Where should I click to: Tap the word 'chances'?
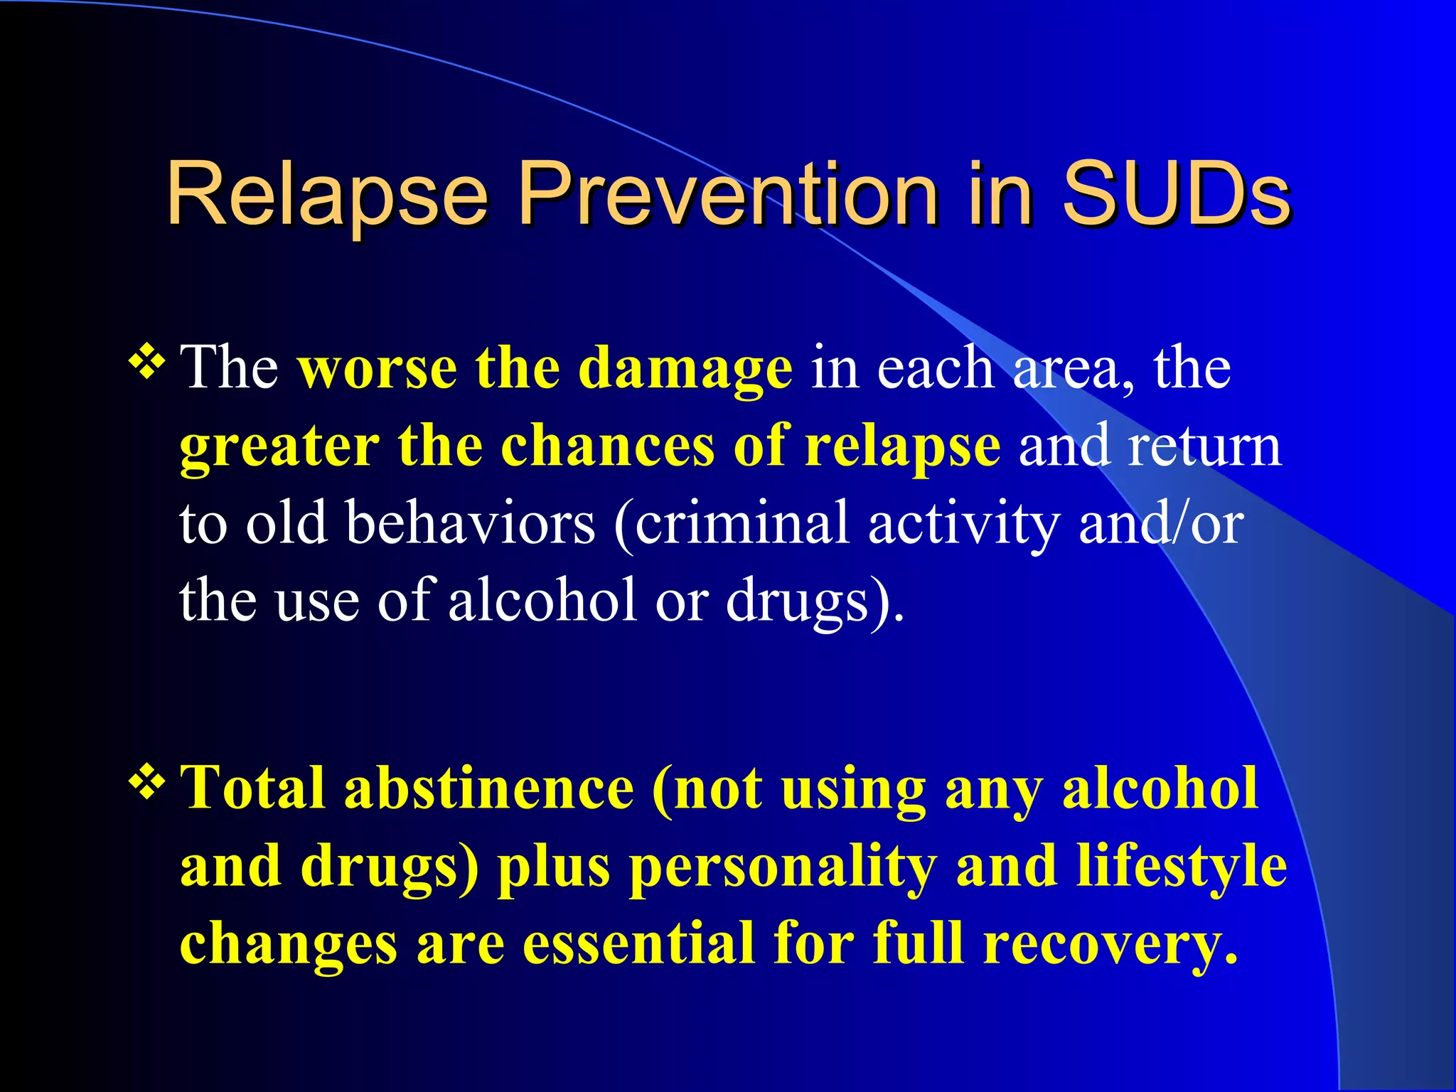[608, 446]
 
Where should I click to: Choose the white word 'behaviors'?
[471, 523]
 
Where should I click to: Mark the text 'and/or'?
[1161, 523]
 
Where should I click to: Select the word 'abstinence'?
[489, 788]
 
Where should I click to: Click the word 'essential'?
[638, 944]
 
